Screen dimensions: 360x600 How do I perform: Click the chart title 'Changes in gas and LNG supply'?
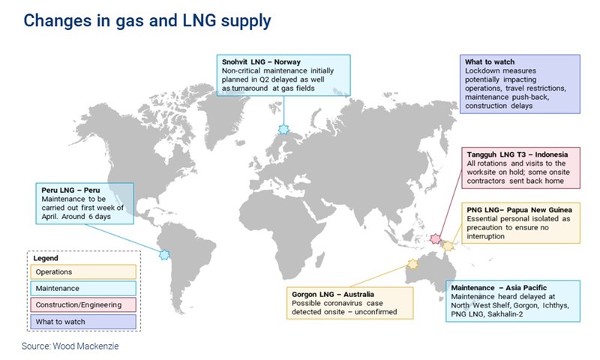(x=147, y=20)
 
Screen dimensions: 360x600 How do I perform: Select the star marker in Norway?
(x=283, y=129)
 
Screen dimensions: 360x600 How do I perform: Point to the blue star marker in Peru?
(x=164, y=255)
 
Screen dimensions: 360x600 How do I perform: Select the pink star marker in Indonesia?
(x=436, y=239)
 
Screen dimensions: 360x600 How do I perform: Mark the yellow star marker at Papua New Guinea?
(x=448, y=245)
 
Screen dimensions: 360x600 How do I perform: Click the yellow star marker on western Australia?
(x=412, y=263)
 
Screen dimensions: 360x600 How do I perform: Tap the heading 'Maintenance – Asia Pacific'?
(x=498, y=286)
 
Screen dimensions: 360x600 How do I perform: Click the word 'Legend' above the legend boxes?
(x=46, y=258)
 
